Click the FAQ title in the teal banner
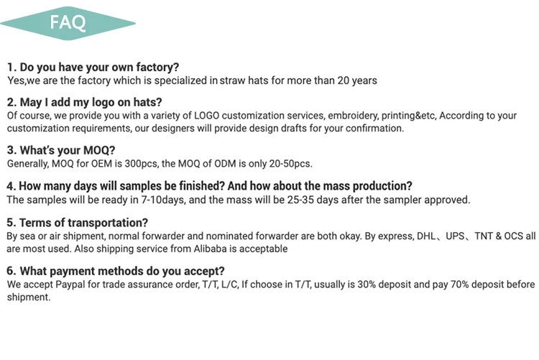click(68, 23)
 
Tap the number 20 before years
click(343, 80)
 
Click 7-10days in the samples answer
click(163, 200)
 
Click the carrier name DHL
click(426, 236)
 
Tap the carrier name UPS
click(455, 236)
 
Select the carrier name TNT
click(484, 236)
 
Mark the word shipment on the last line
click(29, 297)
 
